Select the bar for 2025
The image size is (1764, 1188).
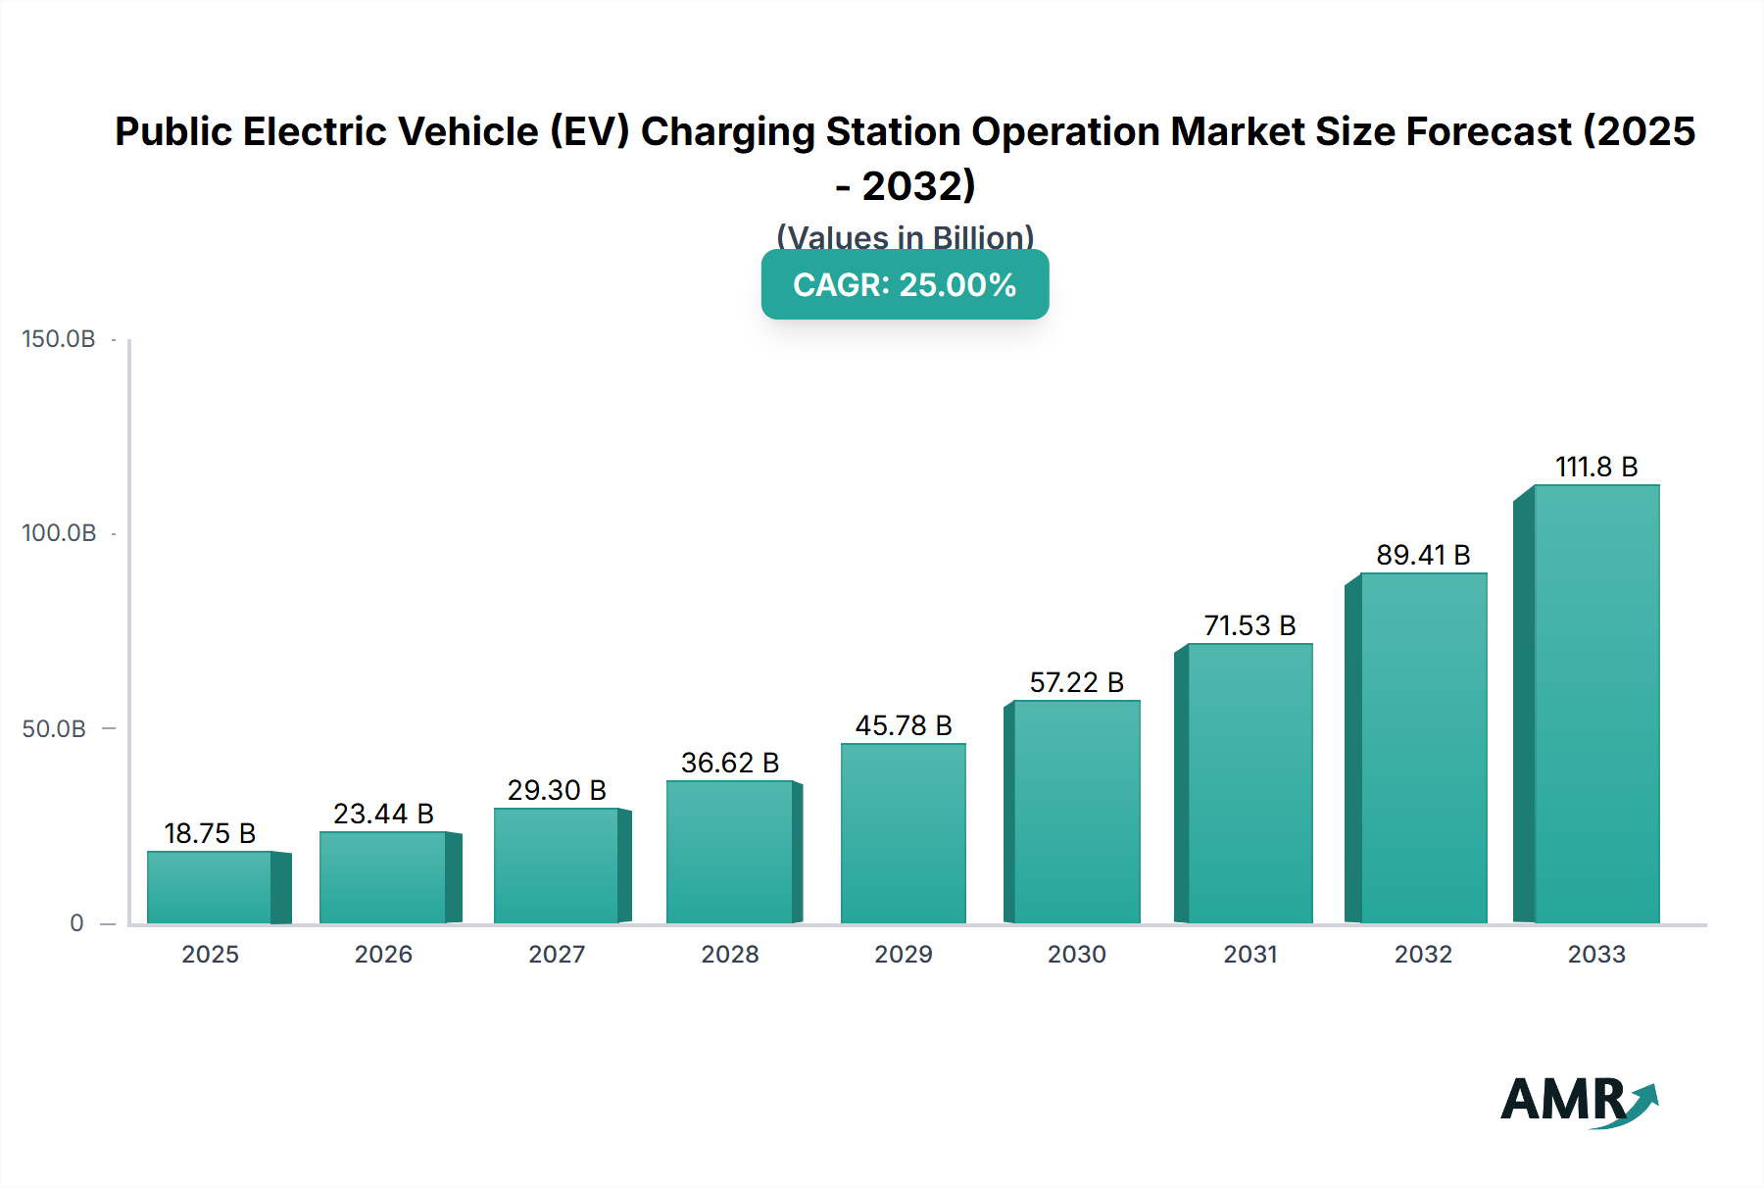click(x=210, y=887)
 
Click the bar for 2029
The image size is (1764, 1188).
click(x=903, y=833)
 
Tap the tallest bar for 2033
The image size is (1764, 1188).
click(x=1595, y=704)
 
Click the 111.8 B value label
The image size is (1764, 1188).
click(x=1596, y=467)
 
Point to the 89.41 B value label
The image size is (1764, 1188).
click(x=1423, y=555)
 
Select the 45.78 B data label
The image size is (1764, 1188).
click(x=904, y=725)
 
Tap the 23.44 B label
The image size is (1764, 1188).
click(x=383, y=814)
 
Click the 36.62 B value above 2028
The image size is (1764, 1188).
click(x=730, y=763)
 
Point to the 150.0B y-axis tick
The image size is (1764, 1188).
click(x=59, y=339)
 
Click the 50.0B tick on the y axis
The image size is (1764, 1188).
click(x=55, y=729)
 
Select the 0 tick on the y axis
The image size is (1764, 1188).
click(x=76, y=923)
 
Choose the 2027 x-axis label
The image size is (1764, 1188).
click(x=557, y=954)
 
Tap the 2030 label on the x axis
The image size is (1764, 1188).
click(x=1076, y=954)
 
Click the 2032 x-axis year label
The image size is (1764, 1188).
click(x=1423, y=954)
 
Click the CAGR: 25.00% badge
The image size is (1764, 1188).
click(x=905, y=284)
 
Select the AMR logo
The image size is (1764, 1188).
click(x=1578, y=1101)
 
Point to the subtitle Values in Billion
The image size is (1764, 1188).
click(x=905, y=236)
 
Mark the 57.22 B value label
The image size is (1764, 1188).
click(x=1076, y=682)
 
